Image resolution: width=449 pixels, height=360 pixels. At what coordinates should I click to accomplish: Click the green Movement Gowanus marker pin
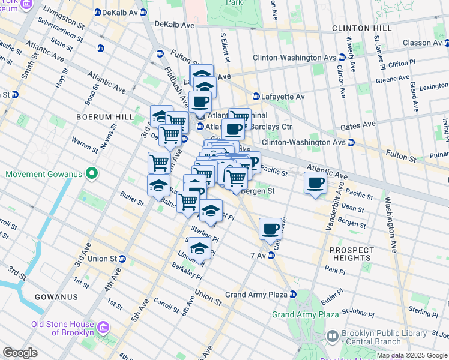pyautogui.click(x=91, y=175)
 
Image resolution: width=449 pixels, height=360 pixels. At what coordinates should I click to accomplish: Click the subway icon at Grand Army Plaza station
pyautogui.click(x=292, y=295)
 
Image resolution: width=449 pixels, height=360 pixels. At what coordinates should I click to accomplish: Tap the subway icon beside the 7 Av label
pyautogui.click(x=271, y=256)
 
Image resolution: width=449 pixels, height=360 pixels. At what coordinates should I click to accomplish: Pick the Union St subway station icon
pyautogui.click(x=122, y=259)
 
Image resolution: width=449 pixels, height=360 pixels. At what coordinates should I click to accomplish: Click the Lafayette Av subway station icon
pyautogui.click(x=256, y=96)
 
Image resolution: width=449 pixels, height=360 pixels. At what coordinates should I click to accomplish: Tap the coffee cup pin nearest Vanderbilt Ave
pyautogui.click(x=315, y=184)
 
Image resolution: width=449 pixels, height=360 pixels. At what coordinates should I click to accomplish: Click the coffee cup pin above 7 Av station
pyautogui.click(x=271, y=228)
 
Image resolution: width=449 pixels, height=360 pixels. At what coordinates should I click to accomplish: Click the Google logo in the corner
pyautogui.click(x=20, y=353)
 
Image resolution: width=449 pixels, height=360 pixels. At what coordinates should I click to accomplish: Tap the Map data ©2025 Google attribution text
pyautogui.click(x=412, y=355)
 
